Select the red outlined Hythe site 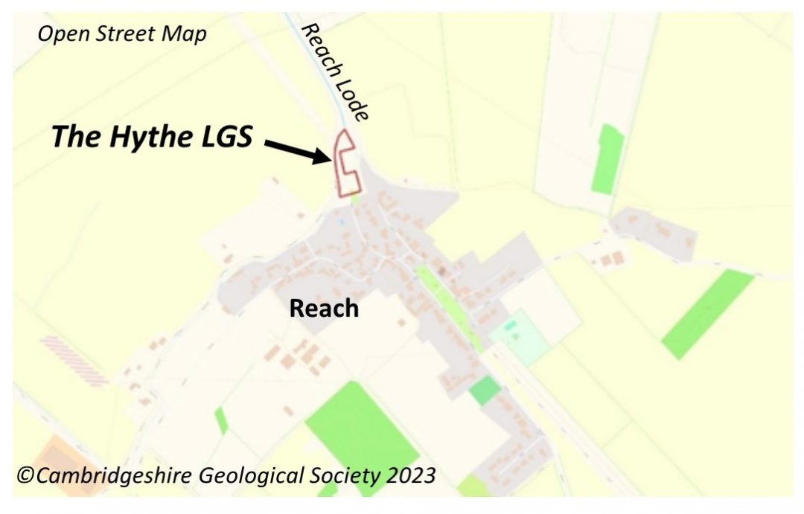[x=345, y=165]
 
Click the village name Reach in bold [x=324, y=308]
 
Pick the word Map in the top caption [x=185, y=34]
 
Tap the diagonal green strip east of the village [x=707, y=313]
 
